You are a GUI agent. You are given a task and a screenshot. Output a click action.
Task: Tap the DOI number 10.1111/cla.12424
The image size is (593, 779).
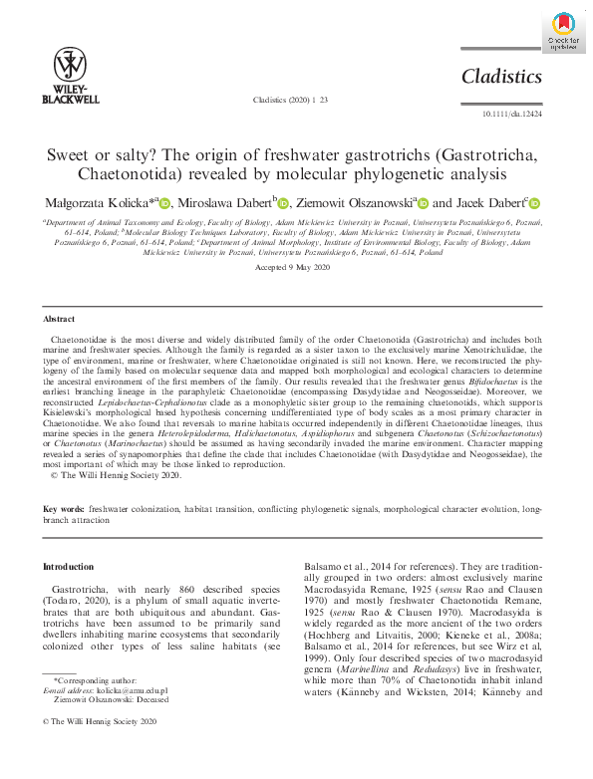511,116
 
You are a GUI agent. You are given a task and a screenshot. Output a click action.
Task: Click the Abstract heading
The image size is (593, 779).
60,319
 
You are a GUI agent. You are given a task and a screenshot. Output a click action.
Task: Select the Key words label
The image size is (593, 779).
63,509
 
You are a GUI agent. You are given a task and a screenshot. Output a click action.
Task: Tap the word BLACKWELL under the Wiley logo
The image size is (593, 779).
71,100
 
